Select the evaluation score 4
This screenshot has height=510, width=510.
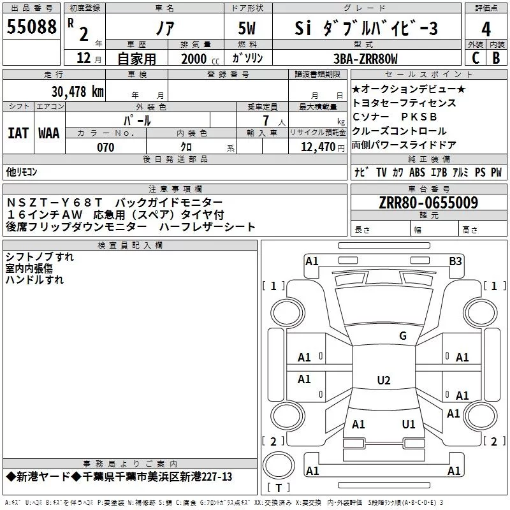pos(486,29)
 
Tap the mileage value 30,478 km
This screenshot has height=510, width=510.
pos(77,91)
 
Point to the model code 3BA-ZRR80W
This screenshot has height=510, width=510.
pos(365,59)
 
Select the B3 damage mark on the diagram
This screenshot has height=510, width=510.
pos(455,261)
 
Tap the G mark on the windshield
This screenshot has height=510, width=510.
pos(402,336)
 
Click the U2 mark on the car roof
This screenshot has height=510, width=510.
pos(383,381)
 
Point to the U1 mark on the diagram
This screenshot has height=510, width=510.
pos(409,425)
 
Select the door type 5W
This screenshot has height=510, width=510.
pos(248,29)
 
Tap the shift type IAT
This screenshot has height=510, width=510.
pos(18,133)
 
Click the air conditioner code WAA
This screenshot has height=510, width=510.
pos(49,133)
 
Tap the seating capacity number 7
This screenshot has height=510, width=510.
pos(264,120)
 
